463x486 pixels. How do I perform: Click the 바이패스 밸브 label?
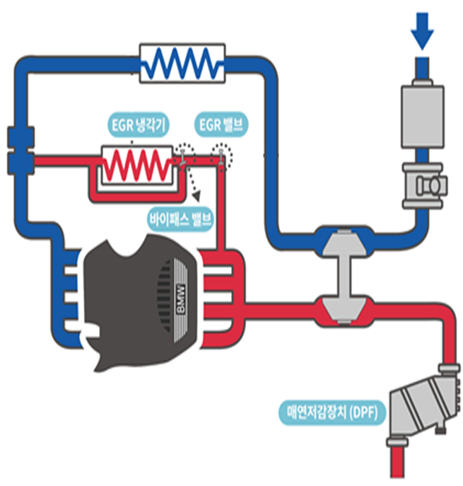(180, 217)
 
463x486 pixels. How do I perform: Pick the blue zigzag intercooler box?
(183, 62)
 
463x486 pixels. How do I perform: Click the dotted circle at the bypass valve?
(185, 154)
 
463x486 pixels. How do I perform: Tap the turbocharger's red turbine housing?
(346, 308)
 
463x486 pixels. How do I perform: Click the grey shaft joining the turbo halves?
(346, 277)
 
